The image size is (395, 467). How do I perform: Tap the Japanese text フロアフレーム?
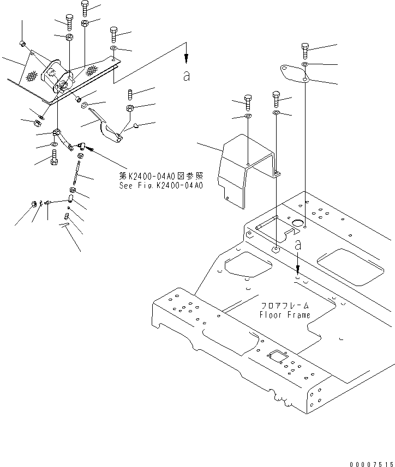(x=284, y=306)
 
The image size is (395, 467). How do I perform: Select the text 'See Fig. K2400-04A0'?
(x=161, y=185)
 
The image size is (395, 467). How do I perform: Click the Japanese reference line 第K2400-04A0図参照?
(x=161, y=176)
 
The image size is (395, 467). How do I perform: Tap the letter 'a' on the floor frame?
(x=297, y=246)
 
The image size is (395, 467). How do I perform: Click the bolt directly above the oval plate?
(x=304, y=51)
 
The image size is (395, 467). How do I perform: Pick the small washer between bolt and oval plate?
(x=304, y=64)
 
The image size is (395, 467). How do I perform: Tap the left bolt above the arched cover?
(x=248, y=102)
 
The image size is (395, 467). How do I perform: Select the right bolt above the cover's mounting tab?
(x=277, y=99)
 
